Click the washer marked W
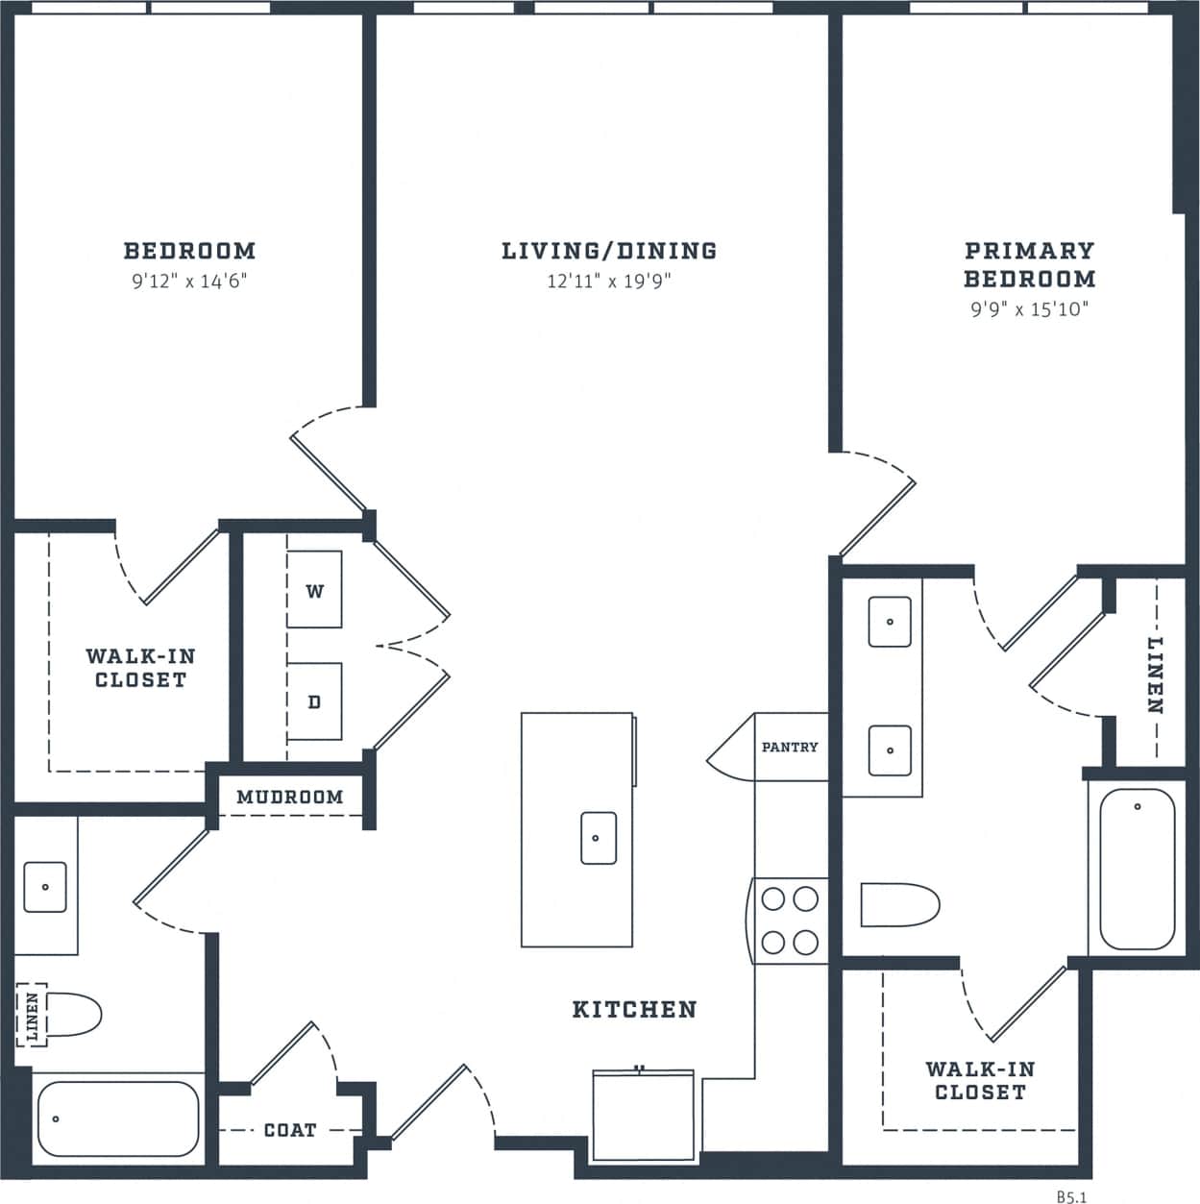314,589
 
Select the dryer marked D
314,701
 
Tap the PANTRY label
790,747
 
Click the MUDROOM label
289,797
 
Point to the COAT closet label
290,1130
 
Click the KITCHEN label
634,1009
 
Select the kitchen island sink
599,838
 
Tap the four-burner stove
789,921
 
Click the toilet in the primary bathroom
898,904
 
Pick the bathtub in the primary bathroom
1137,869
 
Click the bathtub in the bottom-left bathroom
117,1118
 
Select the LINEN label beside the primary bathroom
1156,675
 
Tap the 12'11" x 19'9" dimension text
609,282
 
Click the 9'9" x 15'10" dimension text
1029,309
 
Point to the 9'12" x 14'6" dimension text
189,282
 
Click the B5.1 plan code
1072,1196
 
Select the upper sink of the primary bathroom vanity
890,622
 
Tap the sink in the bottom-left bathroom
44,886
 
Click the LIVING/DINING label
609,251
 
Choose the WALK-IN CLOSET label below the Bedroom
140,668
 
